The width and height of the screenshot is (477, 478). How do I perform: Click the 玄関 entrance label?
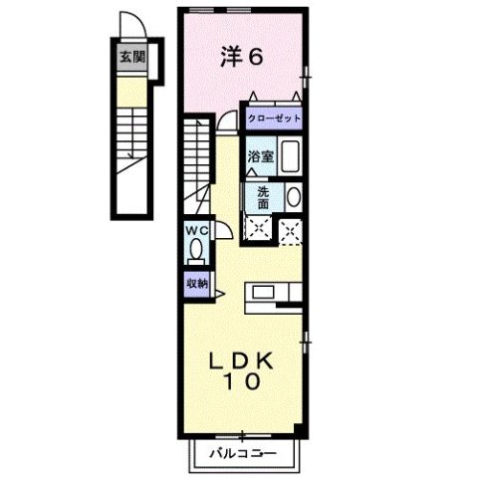pos(131,57)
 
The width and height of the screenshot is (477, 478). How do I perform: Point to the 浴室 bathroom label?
pos(260,156)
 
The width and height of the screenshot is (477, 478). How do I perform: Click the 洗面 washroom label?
pos(263,196)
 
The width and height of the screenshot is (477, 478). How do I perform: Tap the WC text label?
pos(195,231)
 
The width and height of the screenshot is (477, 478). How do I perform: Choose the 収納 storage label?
pos(195,282)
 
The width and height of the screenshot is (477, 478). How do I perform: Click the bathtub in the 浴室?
pos(290,157)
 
